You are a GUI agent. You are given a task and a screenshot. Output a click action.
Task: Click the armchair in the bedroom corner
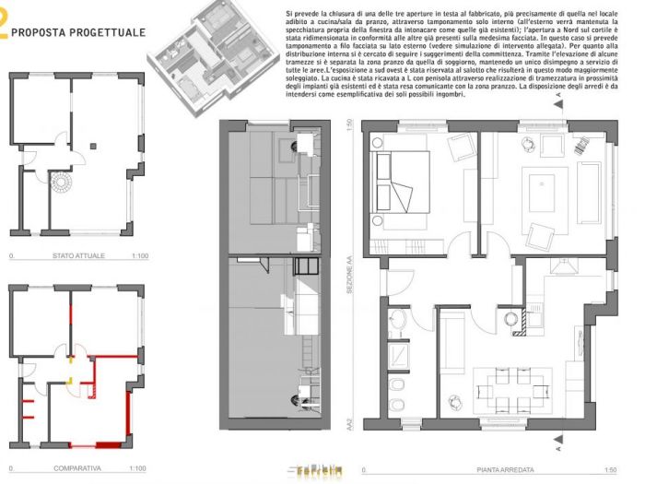[x=459, y=147]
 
